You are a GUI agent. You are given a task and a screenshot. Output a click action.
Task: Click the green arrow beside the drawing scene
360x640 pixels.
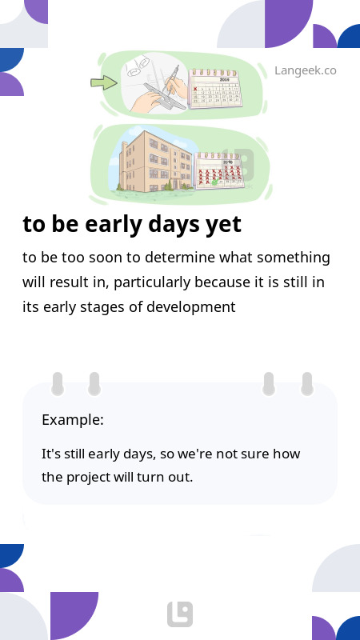pos(104,83)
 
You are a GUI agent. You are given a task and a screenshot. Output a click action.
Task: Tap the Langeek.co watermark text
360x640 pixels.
pos(306,70)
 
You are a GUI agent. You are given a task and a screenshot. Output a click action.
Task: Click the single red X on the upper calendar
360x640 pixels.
pos(195,89)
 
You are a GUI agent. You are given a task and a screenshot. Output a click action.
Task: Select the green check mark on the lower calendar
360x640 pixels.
pos(214,183)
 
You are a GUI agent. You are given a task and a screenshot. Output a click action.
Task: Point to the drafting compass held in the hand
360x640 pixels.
pos(171,78)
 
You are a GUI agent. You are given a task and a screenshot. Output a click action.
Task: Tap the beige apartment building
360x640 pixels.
pos(155,162)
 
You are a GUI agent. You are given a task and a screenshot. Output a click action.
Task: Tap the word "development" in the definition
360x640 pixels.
pos(190,307)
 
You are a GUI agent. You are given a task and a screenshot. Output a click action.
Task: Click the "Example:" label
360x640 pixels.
pos(73,419)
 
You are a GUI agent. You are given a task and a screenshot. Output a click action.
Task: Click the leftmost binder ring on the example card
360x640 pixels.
pos(58,384)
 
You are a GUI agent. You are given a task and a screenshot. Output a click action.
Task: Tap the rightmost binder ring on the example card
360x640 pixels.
pos(306,384)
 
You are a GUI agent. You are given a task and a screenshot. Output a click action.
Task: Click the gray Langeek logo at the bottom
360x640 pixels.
pos(180,614)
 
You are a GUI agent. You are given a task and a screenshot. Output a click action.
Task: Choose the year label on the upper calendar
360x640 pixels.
pos(225,79)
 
